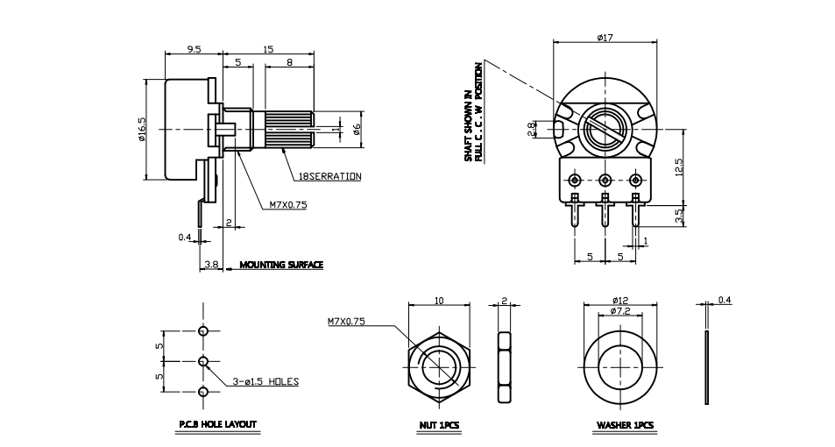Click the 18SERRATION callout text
pyautogui.click(x=330, y=176)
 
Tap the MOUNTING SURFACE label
pyautogui.click(x=281, y=265)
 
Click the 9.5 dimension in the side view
pyautogui.click(x=194, y=49)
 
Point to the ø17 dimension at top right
pyautogui.click(x=605, y=38)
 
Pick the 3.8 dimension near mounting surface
pyautogui.click(x=211, y=264)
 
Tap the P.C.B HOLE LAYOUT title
pyautogui.click(x=218, y=424)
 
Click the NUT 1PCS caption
pyautogui.click(x=439, y=425)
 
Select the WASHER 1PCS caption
pyautogui.click(x=626, y=425)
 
